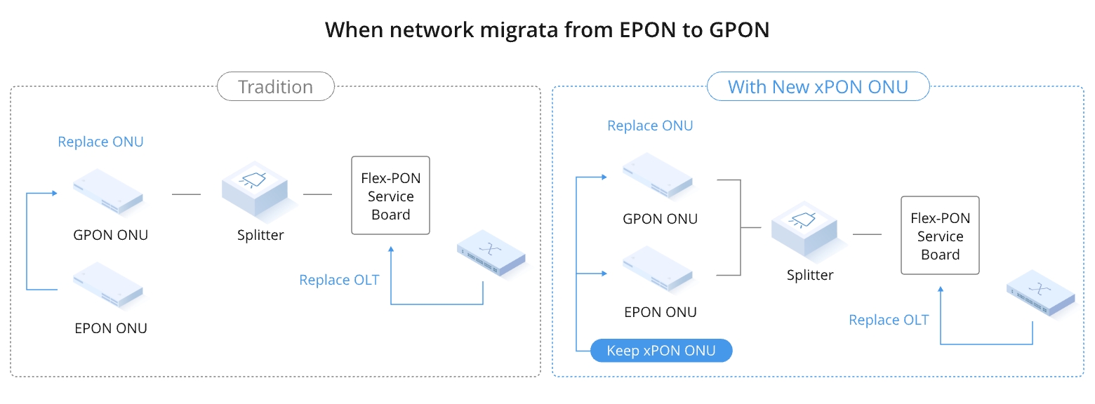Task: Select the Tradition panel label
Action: [275, 87]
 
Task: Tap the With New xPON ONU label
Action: [818, 87]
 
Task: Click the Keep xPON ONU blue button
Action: [661, 351]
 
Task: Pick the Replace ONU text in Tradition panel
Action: [100, 142]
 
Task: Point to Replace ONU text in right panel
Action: [650, 126]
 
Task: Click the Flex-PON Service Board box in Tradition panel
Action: [390, 196]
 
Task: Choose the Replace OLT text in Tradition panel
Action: [339, 280]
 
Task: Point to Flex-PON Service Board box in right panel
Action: [940, 236]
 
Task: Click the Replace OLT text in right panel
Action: [889, 320]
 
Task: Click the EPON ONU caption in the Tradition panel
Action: [111, 328]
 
